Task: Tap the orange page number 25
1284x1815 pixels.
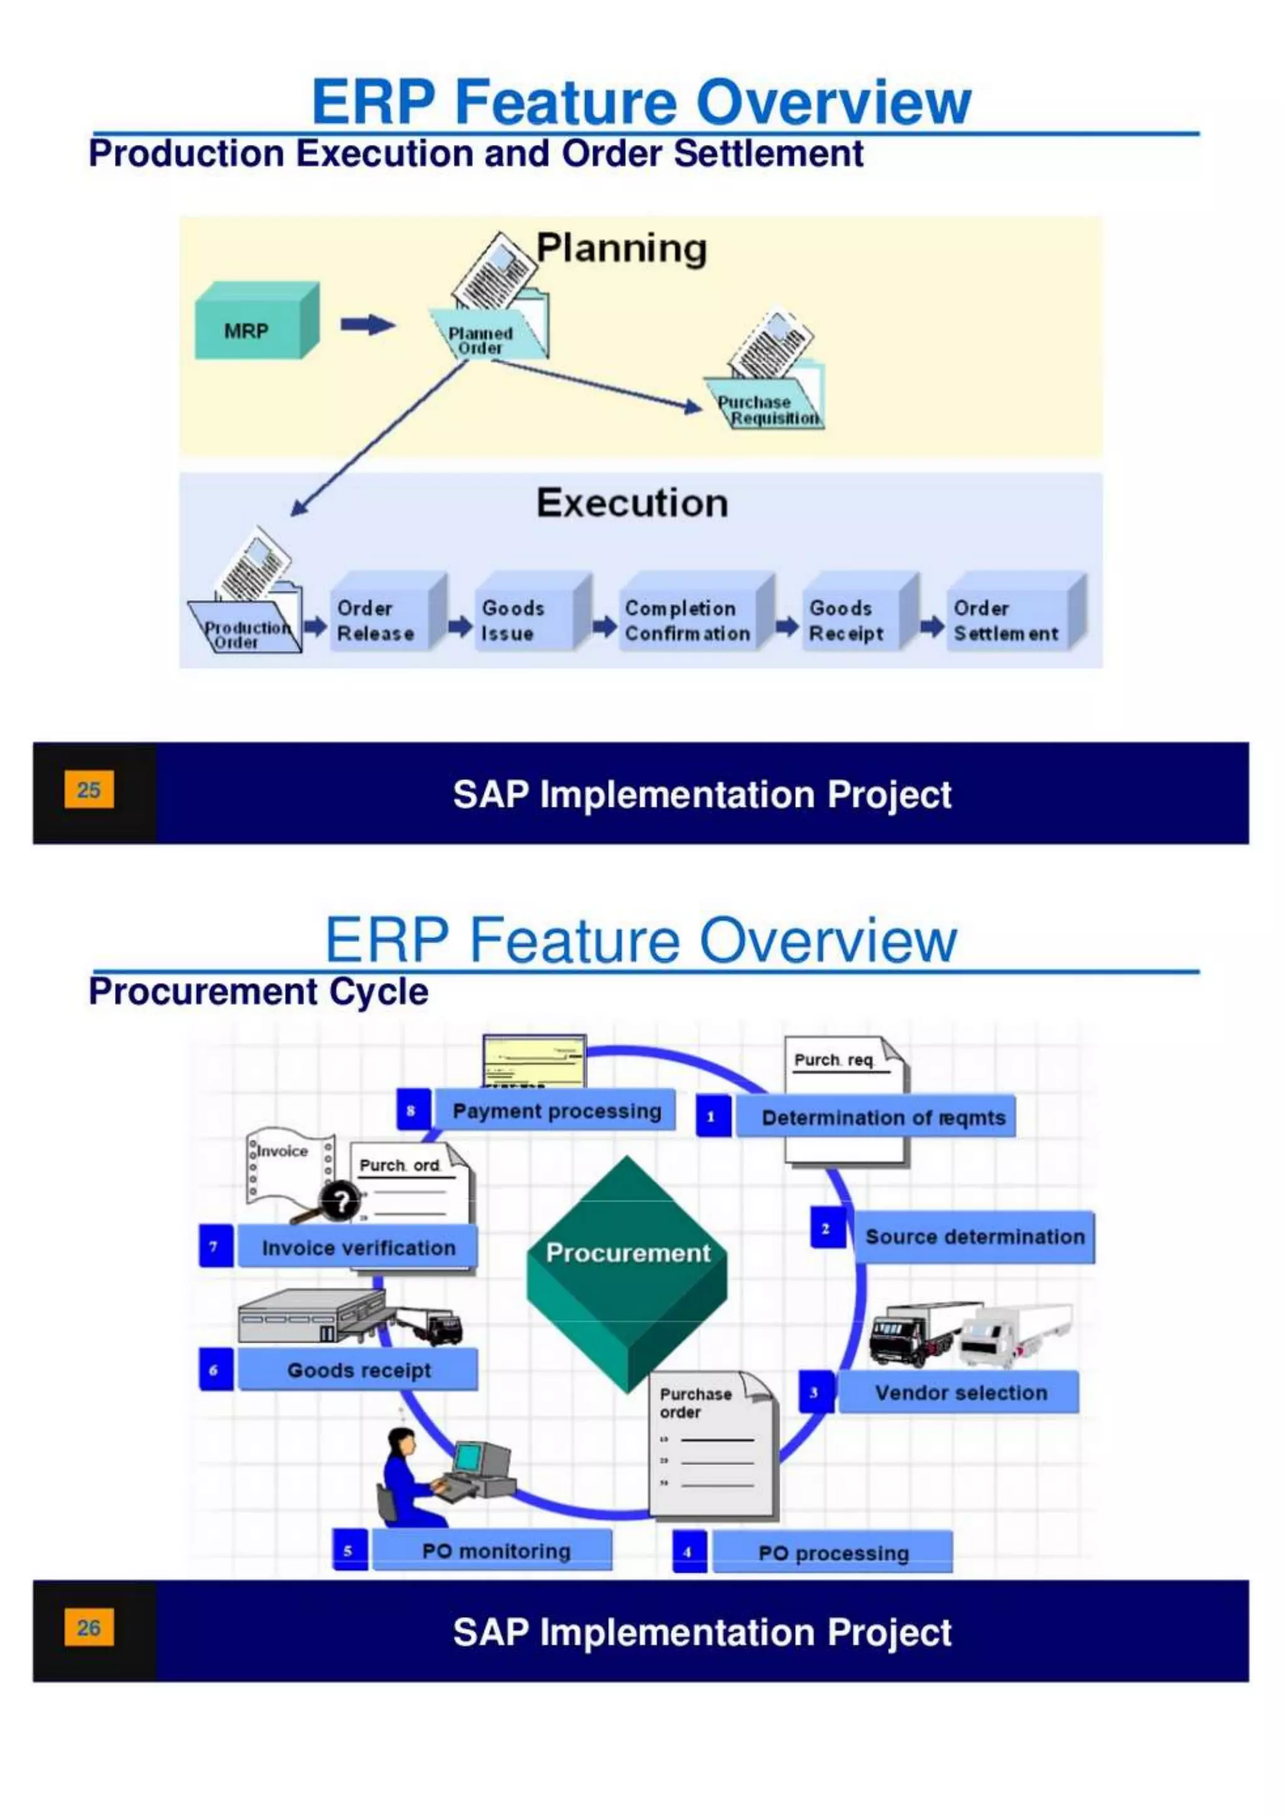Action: pos(88,790)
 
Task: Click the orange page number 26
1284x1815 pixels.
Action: pos(88,1628)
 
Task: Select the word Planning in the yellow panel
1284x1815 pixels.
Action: pos(621,248)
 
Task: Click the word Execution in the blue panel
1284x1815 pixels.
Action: pos(632,503)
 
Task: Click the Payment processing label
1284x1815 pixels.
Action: pos(556,1111)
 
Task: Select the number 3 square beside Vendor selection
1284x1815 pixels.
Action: pos(814,1392)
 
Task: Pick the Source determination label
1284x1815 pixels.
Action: pos(974,1237)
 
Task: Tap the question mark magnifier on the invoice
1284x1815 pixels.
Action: pos(340,1202)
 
